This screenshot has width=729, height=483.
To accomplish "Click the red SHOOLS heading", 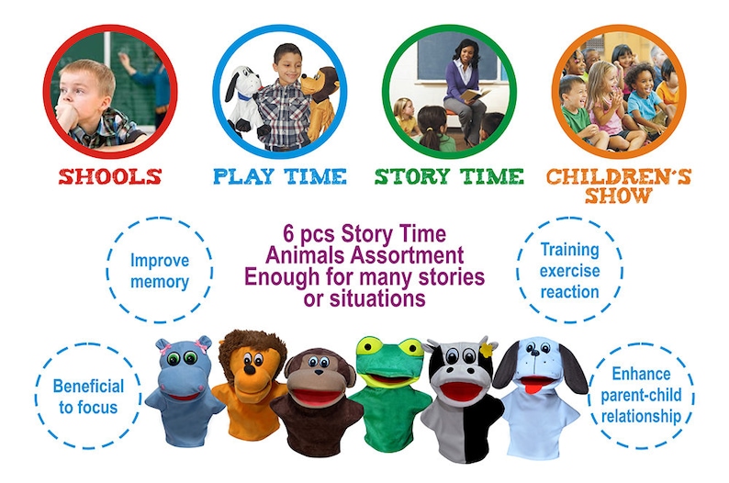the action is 110,177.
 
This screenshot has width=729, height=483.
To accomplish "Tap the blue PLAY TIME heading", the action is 280,176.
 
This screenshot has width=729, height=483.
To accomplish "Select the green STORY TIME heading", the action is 449,176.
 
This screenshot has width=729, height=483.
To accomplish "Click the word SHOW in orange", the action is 618,196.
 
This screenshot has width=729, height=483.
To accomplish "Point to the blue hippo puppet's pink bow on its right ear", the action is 202,346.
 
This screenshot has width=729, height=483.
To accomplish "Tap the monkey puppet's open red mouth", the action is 318,397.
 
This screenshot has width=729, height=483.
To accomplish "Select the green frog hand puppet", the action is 390,394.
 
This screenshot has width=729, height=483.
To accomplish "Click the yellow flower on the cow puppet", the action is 487,350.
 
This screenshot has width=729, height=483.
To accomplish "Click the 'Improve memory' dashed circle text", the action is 160,271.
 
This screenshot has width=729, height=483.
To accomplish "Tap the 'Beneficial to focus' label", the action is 88,397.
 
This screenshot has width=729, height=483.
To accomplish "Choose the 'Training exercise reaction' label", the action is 570,271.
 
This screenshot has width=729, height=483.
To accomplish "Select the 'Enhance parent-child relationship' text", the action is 641,395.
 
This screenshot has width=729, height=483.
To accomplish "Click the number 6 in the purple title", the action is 288,234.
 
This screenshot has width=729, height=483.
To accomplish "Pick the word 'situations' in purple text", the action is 377,298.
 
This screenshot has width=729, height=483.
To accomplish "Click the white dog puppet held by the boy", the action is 242,99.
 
